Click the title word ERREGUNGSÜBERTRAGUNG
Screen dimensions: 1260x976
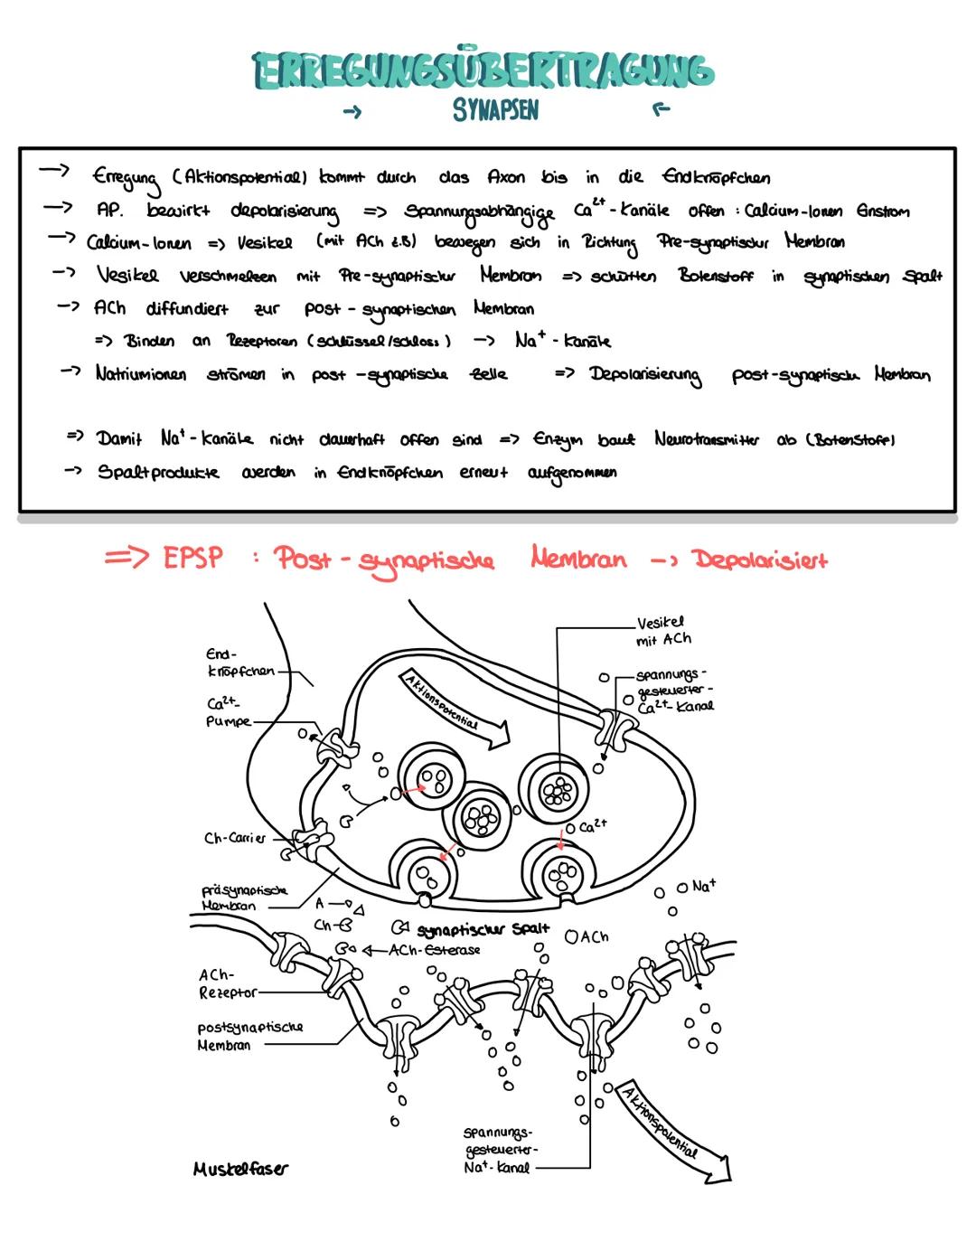[483, 71]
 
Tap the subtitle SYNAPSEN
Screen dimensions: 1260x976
[495, 110]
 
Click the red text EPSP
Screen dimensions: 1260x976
[192, 557]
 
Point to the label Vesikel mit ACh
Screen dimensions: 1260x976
[663, 631]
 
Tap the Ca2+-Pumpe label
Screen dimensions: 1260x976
[227, 712]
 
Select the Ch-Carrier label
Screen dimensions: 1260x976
[235, 838]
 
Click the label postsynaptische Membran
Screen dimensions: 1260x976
[249, 1036]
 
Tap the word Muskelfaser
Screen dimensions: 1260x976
[240, 1169]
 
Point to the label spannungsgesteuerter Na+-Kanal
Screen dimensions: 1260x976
[499, 1150]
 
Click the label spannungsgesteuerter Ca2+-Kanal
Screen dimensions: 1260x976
[673, 691]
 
